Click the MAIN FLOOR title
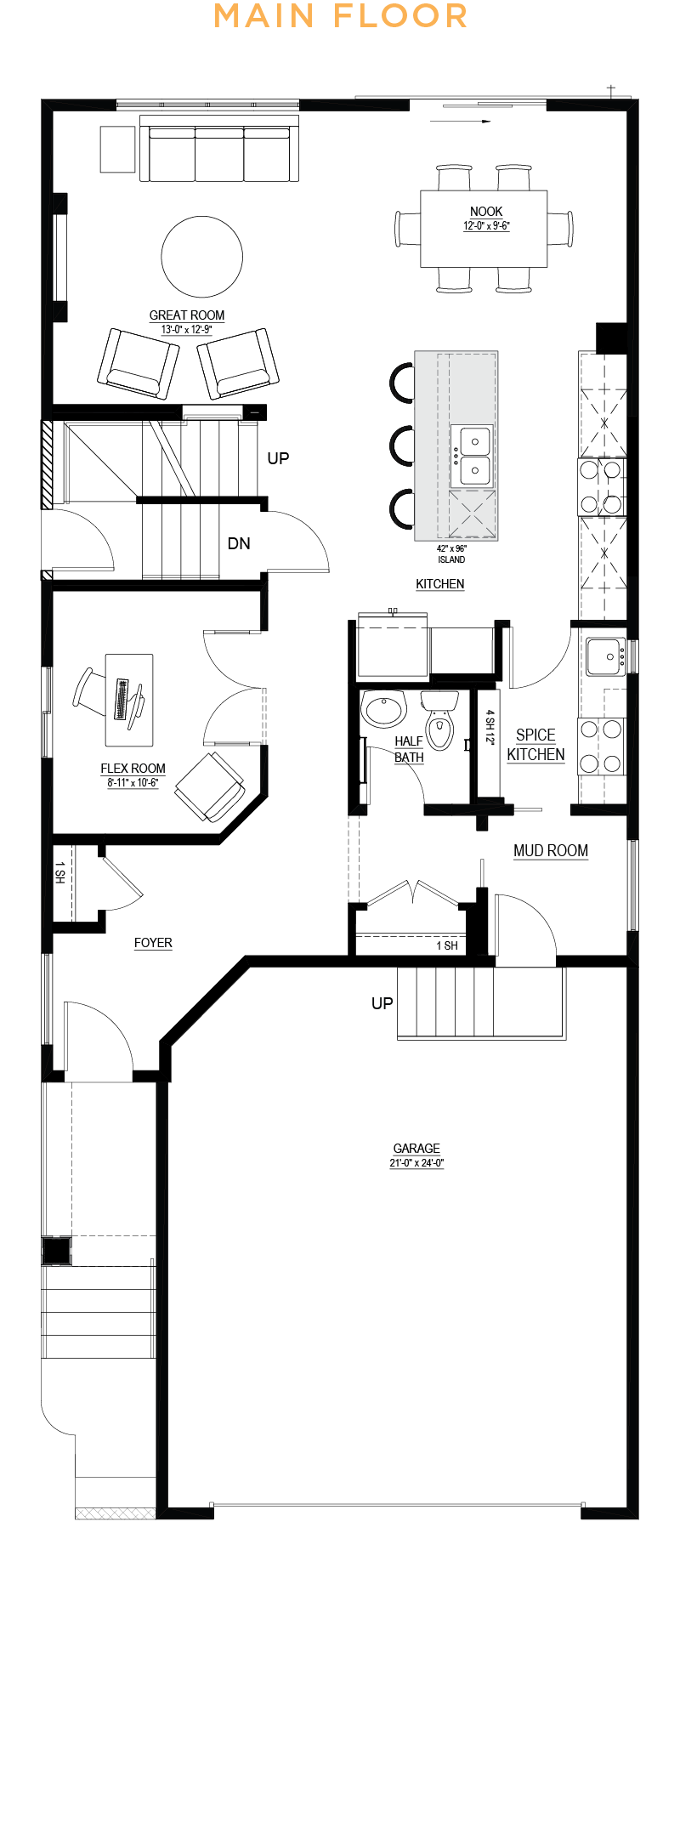tap(340, 15)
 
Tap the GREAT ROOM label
tap(187, 315)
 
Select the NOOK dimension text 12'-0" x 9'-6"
tap(486, 226)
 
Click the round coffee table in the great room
tap(202, 257)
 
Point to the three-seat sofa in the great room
tap(219, 149)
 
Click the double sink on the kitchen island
tap(471, 455)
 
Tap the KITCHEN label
tap(440, 584)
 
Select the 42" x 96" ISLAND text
tap(451, 554)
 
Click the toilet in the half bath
tap(439, 720)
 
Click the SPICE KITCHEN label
tap(535, 745)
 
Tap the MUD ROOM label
tap(551, 851)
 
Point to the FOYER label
tap(153, 943)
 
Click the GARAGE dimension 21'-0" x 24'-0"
tap(416, 1163)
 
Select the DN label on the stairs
tap(239, 543)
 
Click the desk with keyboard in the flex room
tap(129, 700)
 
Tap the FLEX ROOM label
tap(133, 769)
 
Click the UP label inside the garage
tap(382, 1003)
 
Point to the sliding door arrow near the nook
tap(461, 122)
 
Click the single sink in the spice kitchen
tap(606, 657)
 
